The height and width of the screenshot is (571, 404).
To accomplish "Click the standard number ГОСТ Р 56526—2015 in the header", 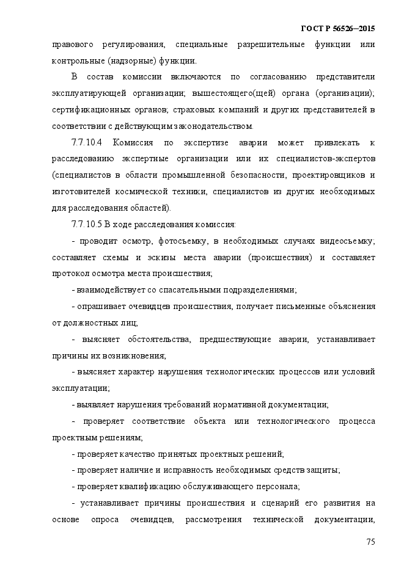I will (339, 29).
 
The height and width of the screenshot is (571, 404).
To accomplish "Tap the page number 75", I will (370, 542).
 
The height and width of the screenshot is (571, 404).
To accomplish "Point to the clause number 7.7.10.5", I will (90, 224).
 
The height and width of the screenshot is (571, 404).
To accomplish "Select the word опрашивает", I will (98, 306).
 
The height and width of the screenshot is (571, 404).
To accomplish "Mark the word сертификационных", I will (90, 110).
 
